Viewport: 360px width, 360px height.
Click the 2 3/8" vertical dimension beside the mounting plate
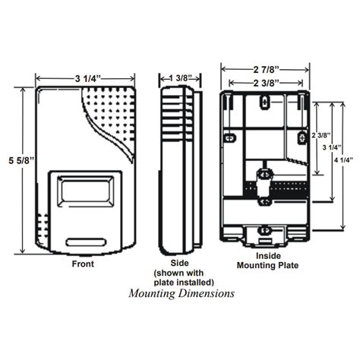point(318,137)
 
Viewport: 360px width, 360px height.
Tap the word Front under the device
point(83,265)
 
